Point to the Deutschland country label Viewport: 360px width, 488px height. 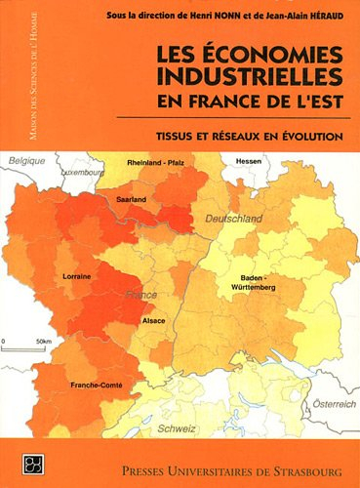click(x=232, y=221)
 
